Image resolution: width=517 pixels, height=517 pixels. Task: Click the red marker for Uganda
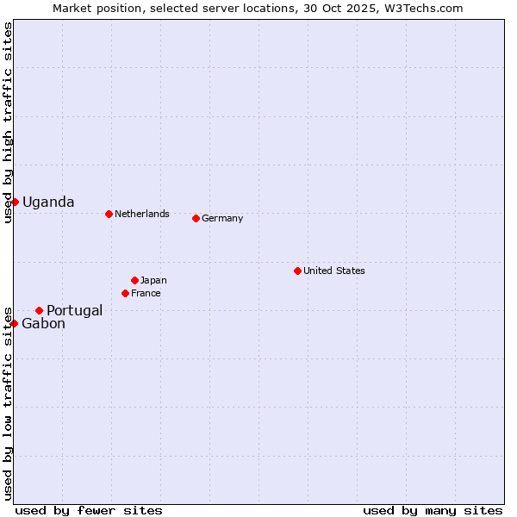(15, 202)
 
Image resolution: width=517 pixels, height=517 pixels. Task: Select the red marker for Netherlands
(109, 214)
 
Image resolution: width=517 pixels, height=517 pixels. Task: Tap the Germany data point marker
(196, 218)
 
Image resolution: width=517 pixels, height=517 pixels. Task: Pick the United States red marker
(297, 271)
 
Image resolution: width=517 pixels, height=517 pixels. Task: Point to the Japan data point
(134, 280)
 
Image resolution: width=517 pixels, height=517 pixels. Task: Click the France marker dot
(125, 293)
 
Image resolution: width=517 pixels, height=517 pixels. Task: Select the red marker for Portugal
(39, 310)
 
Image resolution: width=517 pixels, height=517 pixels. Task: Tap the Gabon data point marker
(15, 323)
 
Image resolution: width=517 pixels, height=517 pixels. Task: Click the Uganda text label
(48, 202)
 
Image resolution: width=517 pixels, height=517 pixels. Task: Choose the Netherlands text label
(142, 214)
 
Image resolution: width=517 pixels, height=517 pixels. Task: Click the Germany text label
(222, 218)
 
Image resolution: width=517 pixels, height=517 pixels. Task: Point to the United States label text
(334, 271)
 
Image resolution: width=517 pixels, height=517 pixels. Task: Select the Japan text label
(153, 280)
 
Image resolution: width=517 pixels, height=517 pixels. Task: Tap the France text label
(146, 293)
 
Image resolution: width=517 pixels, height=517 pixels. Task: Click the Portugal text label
(75, 311)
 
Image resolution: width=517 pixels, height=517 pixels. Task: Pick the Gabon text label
(43, 324)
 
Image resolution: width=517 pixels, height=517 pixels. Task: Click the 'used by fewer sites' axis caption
(89, 510)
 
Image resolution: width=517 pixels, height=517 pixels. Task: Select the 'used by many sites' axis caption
(433, 510)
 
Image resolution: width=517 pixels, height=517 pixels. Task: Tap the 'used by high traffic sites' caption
(8, 123)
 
